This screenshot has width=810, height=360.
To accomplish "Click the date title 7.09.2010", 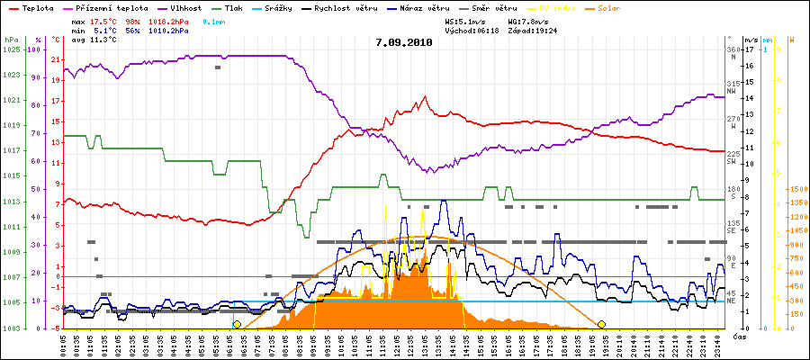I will [404, 41].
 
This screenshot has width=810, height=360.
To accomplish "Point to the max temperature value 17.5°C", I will [103, 19].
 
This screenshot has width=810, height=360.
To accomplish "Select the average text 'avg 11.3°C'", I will [86, 40].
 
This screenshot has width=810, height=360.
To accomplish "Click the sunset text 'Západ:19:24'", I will [533, 30].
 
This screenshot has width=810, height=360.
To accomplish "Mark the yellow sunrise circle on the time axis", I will [237, 324].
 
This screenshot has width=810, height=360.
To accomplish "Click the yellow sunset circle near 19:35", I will [601, 324].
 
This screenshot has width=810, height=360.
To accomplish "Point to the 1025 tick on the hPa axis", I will [12, 49].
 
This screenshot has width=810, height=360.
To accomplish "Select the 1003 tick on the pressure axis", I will [12, 328].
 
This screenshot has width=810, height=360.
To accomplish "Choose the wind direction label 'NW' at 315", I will [732, 91].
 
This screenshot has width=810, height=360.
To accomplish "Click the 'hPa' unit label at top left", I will [11, 40].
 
